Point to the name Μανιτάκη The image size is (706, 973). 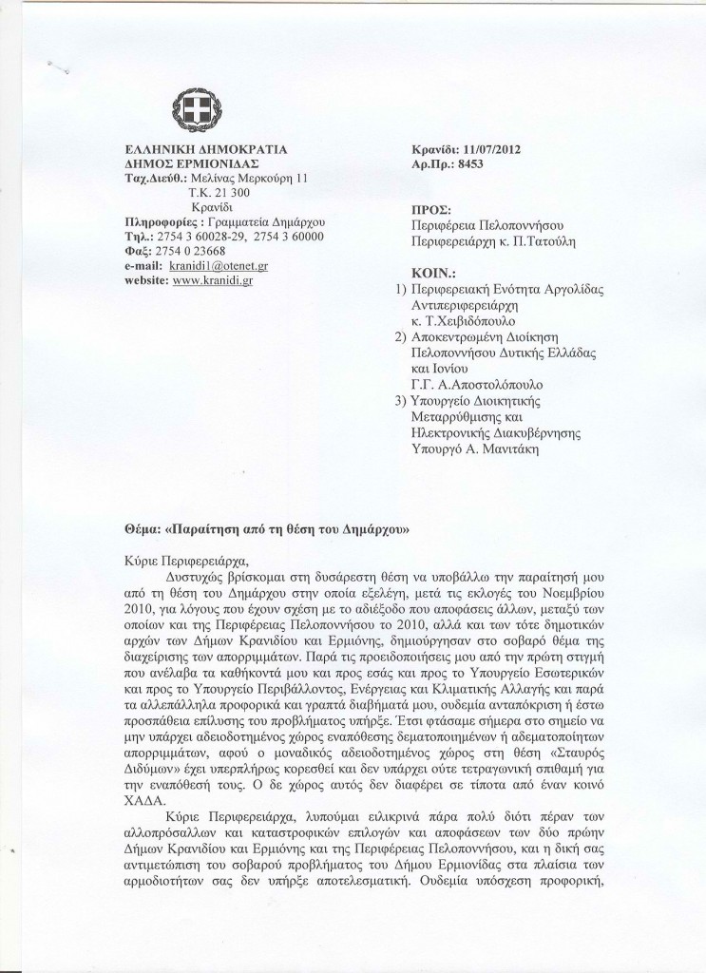(510, 450)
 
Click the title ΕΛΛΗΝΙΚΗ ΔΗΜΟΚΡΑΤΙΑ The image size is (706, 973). (205, 150)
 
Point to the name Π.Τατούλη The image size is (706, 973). (539, 242)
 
